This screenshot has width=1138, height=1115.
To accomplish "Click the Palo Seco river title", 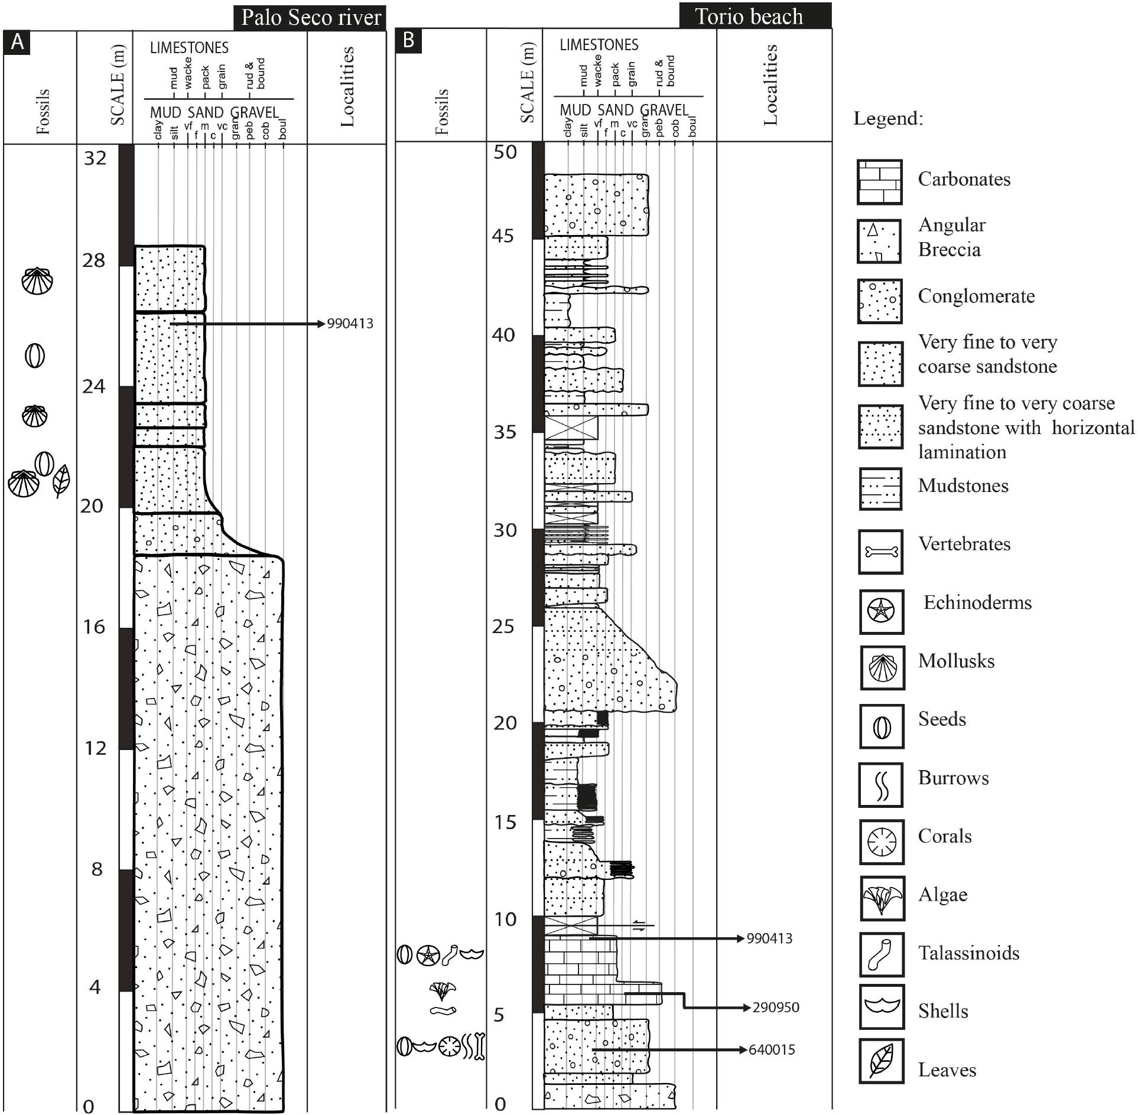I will point(310,18).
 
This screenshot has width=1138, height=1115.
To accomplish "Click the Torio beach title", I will point(749,16).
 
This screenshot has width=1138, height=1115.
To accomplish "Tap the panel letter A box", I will point(17,43).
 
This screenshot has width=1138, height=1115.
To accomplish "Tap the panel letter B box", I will point(408,41).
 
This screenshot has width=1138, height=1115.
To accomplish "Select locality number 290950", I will point(776,1008).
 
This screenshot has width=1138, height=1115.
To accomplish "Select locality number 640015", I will point(772,1050).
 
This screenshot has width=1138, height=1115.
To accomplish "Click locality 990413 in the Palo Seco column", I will point(350,324).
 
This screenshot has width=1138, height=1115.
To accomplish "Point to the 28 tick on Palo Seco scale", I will point(94,260).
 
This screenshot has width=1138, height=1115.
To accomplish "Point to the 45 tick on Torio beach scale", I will point(503,236).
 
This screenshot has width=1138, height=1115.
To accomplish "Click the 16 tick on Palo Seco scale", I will point(94,627).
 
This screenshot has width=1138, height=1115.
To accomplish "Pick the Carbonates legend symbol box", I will point(880,182).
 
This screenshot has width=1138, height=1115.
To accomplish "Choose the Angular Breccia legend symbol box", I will point(880,241).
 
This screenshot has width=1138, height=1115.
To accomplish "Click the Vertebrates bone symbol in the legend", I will point(881,552).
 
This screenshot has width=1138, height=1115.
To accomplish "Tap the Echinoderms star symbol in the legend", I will point(881,611).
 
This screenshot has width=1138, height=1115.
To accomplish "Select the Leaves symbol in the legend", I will point(882,1061).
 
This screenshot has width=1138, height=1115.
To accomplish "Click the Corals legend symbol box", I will point(882,842).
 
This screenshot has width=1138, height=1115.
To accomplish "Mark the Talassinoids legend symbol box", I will point(882,954).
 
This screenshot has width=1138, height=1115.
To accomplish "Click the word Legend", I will point(888,119).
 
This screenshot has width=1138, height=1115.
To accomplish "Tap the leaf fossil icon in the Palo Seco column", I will point(61,480).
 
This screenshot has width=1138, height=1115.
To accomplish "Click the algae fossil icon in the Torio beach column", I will point(443,990).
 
